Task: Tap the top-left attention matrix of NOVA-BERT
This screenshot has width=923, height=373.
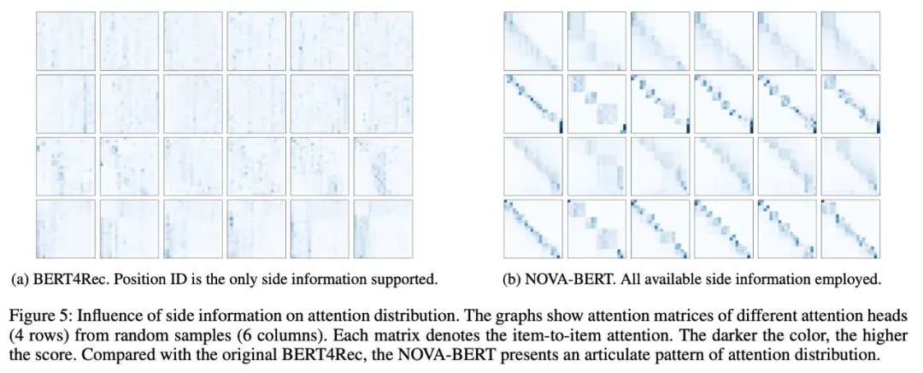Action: (x=532, y=40)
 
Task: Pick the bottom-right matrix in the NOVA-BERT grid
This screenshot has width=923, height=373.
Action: (x=850, y=228)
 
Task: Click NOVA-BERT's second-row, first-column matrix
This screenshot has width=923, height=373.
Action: (x=532, y=104)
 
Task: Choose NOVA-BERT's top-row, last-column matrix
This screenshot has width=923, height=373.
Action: (x=850, y=40)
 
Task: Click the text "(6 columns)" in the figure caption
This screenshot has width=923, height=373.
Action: (x=232, y=328)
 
